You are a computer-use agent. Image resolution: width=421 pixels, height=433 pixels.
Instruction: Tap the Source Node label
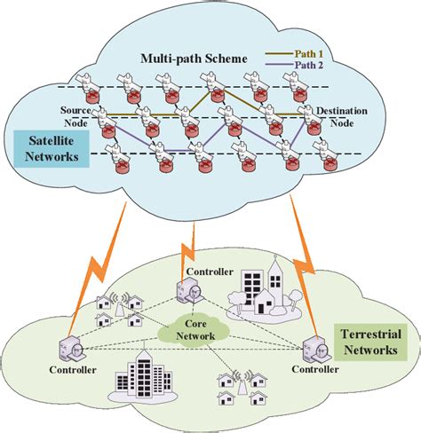coord(75,115)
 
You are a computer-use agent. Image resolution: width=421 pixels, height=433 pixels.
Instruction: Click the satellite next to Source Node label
coord(101,114)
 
